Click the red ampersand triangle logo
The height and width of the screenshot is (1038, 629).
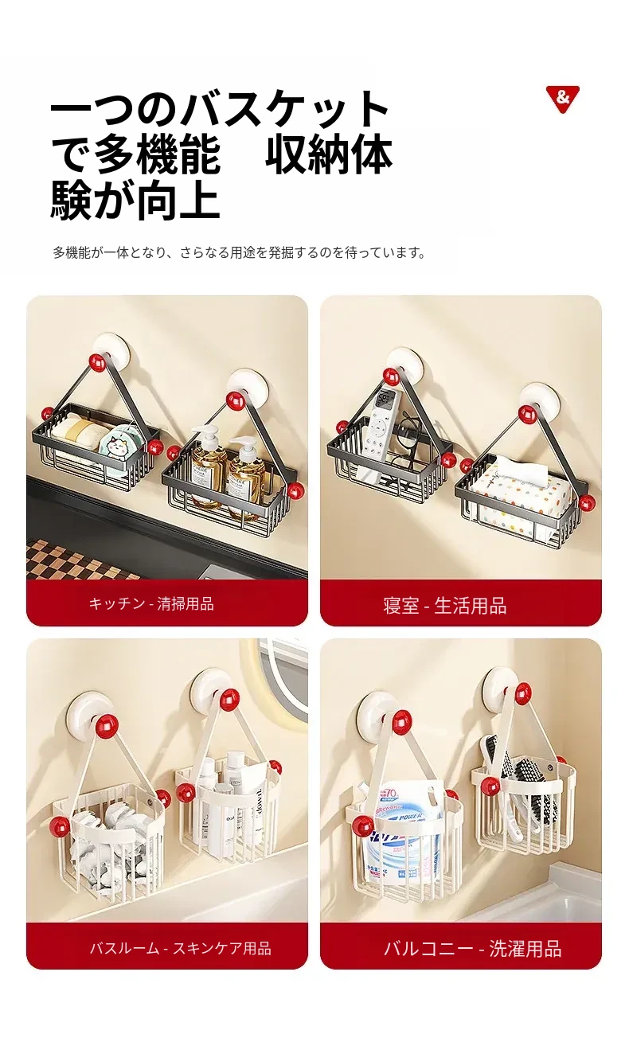coord(562,98)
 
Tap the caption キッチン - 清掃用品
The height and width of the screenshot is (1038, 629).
coord(151,604)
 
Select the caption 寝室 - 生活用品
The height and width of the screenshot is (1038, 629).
coord(444,605)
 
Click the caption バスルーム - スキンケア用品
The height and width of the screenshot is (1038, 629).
coord(180,949)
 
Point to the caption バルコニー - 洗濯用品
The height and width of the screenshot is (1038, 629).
coord(473,949)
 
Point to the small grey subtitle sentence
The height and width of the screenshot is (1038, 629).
coord(239,253)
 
